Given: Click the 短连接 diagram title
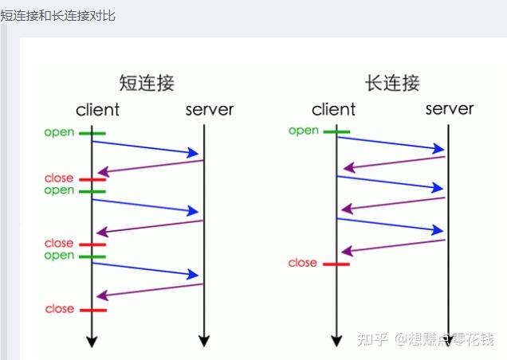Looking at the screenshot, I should coord(147,82).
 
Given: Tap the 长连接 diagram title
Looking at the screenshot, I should coord(392,82).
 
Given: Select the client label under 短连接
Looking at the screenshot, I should coord(97,110).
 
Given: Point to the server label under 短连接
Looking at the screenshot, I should coord(210,110).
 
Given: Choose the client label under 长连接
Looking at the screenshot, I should coord(333,109).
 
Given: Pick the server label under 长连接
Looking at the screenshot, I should coord(450,108).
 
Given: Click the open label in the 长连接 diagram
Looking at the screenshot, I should coord(304,131).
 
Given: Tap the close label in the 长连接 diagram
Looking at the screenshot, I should coord(302,263).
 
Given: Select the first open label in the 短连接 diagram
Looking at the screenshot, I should coord(59,132).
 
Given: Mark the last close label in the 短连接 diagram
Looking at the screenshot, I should coord(59,309).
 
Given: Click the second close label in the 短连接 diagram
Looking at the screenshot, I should coord(59,244).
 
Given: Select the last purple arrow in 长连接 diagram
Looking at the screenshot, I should coord(393,246).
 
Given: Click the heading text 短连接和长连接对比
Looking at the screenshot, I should coord(58,15).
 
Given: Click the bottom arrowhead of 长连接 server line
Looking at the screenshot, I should coord(449,341).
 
